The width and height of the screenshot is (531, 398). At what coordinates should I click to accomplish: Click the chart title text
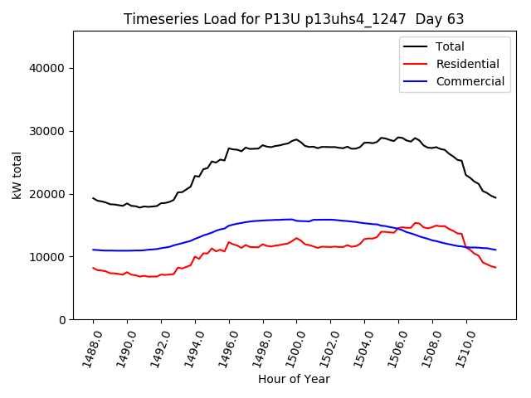click(x=294, y=19)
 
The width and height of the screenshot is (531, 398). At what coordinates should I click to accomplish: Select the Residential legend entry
click(x=467, y=64)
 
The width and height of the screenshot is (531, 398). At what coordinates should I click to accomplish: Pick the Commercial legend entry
click(x=470, y=81)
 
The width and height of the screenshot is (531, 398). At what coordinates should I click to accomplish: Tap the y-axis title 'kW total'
click(x=17, y=176)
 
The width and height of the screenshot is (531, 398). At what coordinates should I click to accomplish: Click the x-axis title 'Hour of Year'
click(x=294, y=379)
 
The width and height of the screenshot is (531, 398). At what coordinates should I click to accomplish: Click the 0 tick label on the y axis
click(x=63, y=320)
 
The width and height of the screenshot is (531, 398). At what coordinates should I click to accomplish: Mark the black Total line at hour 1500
click(x=296, y=140)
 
